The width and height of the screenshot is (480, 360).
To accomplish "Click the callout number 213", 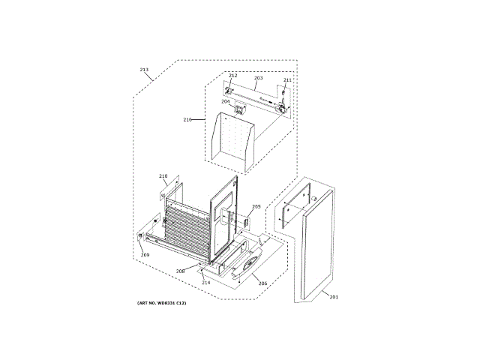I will pyautogui.click(x=144, y=70).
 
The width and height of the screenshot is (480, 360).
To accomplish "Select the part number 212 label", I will pyautogui.click(x=232, y=76).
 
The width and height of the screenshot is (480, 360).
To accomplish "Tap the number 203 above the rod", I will pyautogui.click(x=258, y=78).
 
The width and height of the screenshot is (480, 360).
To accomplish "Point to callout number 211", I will pyautogui.click(x=287, y=79).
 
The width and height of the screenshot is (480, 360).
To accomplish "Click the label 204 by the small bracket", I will pyautogui.click(x=225, y=101).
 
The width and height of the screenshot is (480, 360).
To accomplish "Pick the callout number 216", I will pyautogui.click(x=187, y=119).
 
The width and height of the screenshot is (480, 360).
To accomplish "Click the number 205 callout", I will pyautogui.click(x=256, y=206).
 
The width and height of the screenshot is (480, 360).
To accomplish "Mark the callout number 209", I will pyautogui.click(x=145, y=255).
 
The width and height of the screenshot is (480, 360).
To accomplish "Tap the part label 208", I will pyautogui.click(x=181, y=271).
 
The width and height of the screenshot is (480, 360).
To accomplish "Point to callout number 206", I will pyautogui.click(x=262, y=283).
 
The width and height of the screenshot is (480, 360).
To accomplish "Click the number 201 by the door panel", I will pyautogui.click(x=334, y=297).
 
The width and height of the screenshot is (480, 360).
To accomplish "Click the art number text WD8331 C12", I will pyautogui.click(x=160, y=302).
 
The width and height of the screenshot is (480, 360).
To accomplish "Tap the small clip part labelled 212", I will pyautogui.click(x=231, y=83).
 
